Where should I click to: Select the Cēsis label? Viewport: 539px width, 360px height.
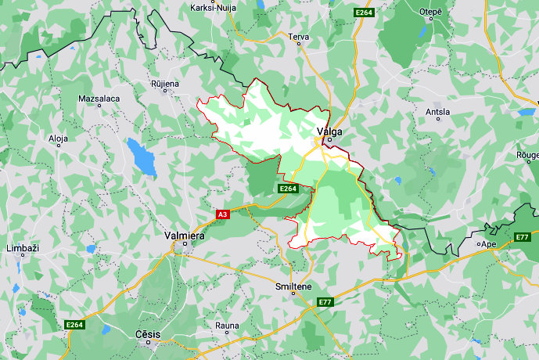coord(147,334)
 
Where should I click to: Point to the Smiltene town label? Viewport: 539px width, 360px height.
coord(294,287)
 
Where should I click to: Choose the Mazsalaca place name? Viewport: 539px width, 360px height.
coord(99,99)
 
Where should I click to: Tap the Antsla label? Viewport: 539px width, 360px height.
coord(437,112)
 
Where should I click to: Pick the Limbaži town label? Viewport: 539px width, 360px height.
coord(22,248)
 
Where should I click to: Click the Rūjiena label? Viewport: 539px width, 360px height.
coord(165,83)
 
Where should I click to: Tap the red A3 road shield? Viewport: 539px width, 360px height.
coord(222,214)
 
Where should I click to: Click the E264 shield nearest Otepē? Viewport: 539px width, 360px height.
coord(363,13)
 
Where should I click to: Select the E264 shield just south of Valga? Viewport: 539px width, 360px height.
coord(288,189)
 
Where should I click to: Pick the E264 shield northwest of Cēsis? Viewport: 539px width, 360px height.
coord(74,324)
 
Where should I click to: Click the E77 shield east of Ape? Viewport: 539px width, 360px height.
coord(523,237)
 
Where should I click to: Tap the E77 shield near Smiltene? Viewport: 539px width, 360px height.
coord(325,302)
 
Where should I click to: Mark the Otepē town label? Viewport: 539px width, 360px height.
coord(431,12)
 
